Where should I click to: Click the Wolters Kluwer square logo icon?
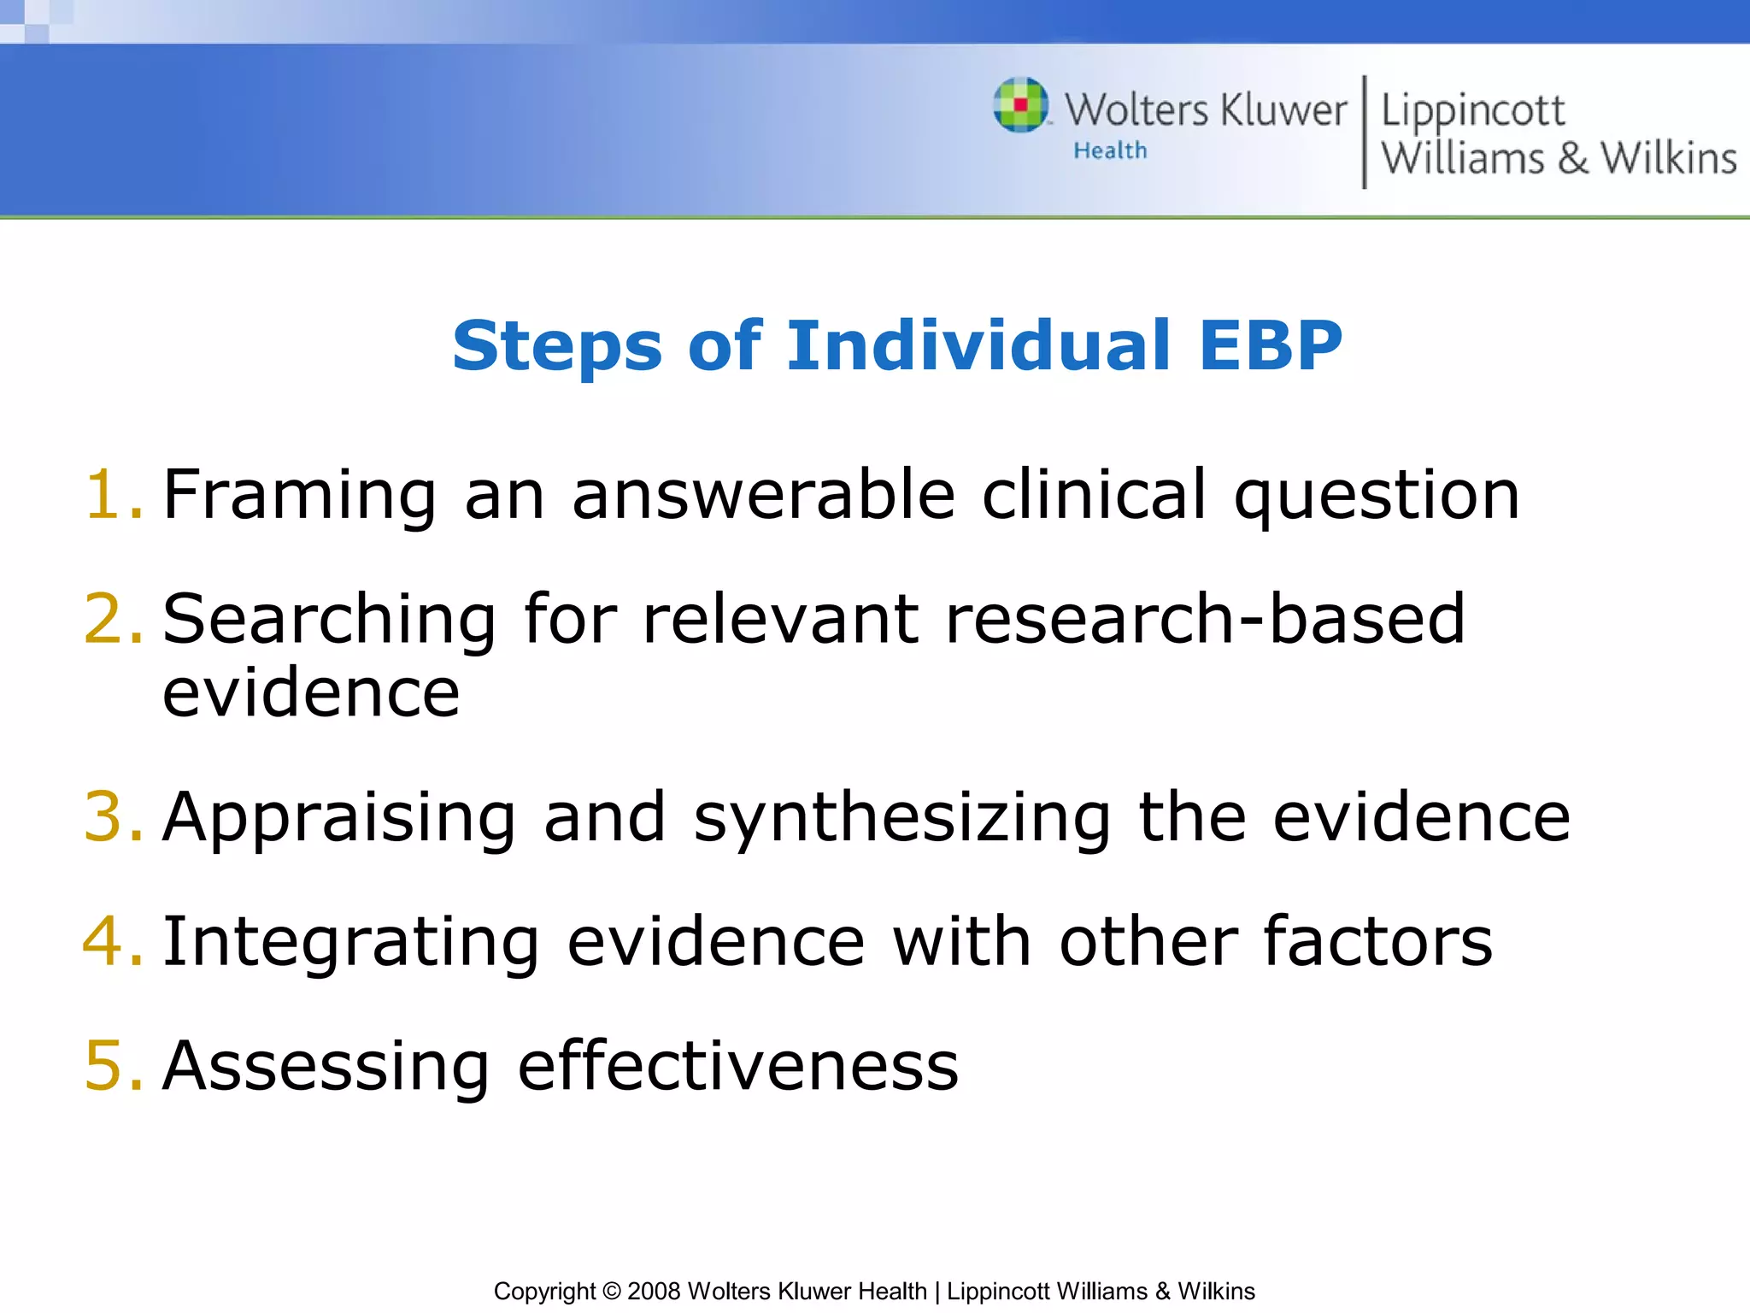(x=1020, y=105)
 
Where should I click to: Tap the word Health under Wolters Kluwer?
(x=1110, y=150)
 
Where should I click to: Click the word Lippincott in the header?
(x=1472, y=111)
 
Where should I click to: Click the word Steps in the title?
(x=556, y=347)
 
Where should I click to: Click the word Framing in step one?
(x=299, y=496)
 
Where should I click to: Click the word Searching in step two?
(x=329, y=621)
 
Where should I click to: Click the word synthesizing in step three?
(x=901, y=819)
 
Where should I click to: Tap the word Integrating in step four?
(x=350, y=943)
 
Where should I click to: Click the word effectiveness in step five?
(x=738, y=1066)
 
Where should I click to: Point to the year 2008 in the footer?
(x=654, y=1291)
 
